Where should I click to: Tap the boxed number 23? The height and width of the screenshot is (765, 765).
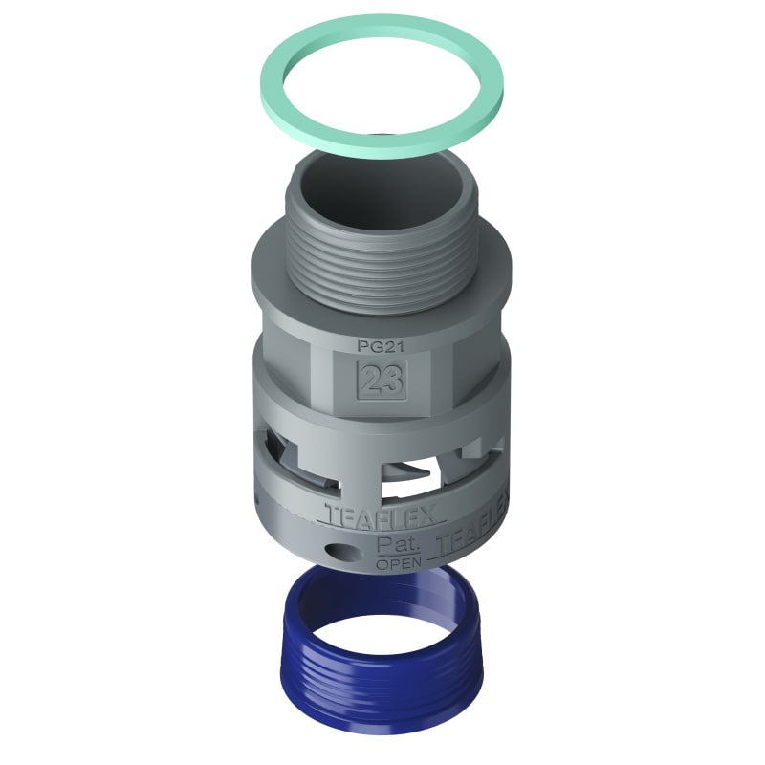[x=381, y=381]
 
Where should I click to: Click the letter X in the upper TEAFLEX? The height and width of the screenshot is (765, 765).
[x=430, y=516]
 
